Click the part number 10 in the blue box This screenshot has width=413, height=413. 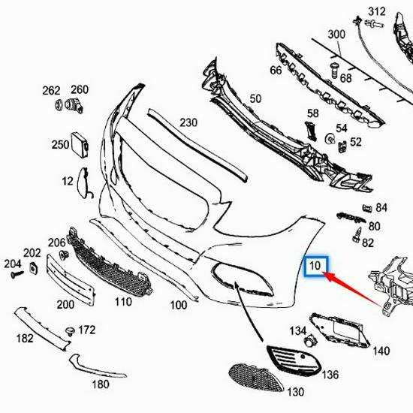pos(315,266)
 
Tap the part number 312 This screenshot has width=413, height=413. pos(377,11)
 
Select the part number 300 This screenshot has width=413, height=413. pos(336,34)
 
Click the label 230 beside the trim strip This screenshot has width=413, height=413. pos(188,122)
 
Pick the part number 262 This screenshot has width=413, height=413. pos(51,90)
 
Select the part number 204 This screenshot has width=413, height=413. pos(12,264)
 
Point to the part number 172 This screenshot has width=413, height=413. pos(87,330)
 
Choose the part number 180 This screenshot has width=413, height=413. pos(101,384)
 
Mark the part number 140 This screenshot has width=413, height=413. pos(381,351)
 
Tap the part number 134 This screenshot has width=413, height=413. pos(298,330)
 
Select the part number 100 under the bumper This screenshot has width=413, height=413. pos(178,305)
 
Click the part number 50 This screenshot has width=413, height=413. pos(255,98)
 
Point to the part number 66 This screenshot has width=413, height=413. pos(276,70)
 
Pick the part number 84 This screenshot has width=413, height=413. pos(381,207)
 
